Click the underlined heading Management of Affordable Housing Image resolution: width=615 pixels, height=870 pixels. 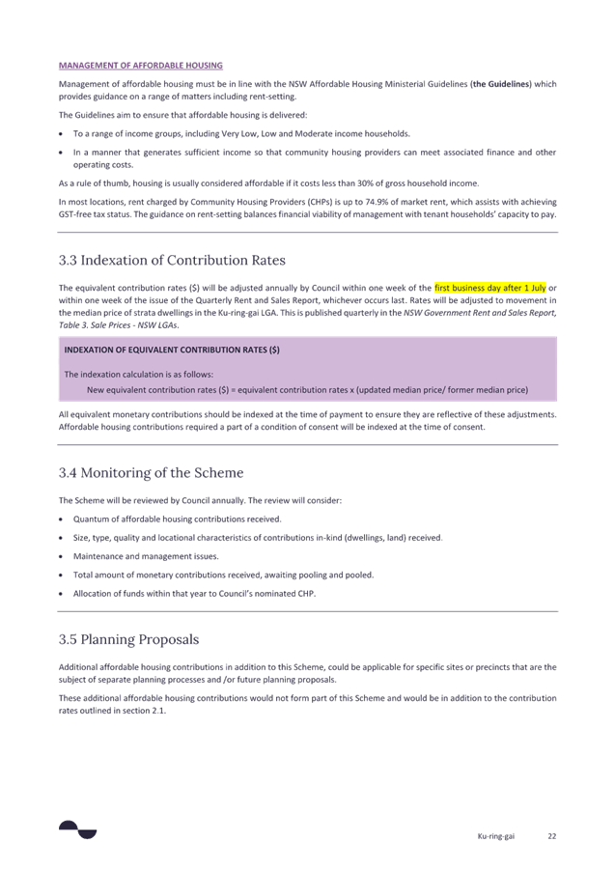click(141, 66)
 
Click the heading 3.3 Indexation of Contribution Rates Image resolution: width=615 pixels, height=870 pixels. click(172, 260)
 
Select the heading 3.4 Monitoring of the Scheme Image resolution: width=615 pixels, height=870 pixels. click(152, 473)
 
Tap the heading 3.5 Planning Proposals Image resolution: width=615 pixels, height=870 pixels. click(128, 640)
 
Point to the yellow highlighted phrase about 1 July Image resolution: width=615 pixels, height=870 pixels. click(490, 288)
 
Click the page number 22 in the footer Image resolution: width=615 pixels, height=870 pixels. click(552, 836)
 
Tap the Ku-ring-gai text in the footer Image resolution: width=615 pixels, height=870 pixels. click(496, 836)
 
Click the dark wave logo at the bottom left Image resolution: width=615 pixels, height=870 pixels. click(77, 829)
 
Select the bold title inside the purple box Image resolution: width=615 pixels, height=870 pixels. click(172, 351)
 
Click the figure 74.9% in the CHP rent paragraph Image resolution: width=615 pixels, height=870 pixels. click(376, 202)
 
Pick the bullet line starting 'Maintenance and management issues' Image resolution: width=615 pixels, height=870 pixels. click(146, 556)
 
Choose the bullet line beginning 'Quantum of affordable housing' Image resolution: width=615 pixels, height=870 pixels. click(178, 519)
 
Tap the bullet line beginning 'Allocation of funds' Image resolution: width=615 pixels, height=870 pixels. click(195, 594)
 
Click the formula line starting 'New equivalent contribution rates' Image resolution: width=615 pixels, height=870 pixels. click(307, 390)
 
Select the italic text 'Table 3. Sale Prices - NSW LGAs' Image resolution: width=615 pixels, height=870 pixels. click(118, 325)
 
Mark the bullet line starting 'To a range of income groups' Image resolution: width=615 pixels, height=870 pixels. click(241, 133)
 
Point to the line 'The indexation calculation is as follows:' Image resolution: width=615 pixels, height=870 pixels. click(139, 375)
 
